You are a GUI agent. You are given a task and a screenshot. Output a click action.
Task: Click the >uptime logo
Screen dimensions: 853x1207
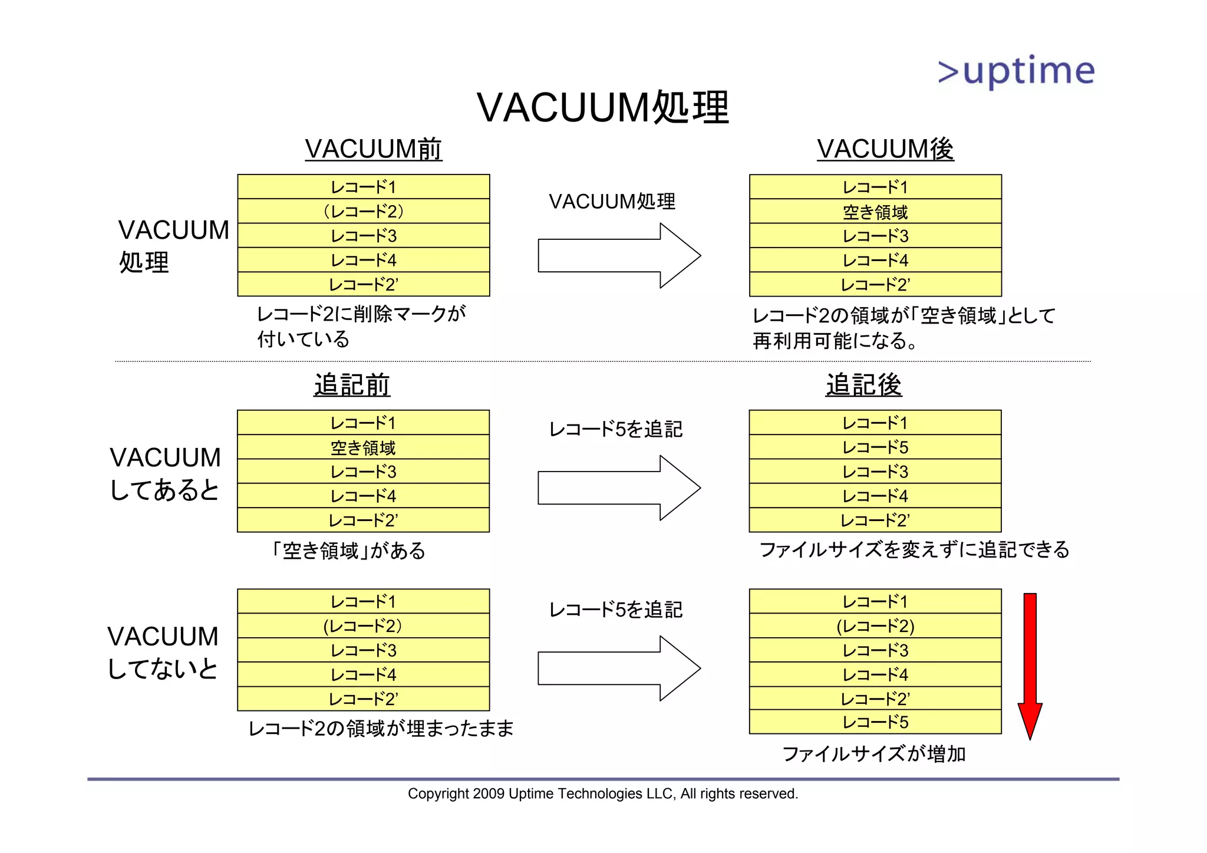click(1016, 71)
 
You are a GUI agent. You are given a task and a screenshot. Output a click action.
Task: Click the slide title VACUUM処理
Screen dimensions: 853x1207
click(603, 108)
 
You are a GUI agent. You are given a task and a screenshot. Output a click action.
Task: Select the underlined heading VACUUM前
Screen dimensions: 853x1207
click(373, 149)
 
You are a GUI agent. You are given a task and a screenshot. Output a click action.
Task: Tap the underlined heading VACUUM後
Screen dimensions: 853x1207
click(885, 149)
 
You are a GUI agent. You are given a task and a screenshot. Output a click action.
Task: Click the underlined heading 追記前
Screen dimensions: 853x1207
click(352, 385)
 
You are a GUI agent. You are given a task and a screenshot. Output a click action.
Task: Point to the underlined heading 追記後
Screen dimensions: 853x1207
click(863, 385)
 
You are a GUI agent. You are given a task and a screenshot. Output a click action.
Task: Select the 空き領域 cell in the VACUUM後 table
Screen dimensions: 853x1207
click(875, 212)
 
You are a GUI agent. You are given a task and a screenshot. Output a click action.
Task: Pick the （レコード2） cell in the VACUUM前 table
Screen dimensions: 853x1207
click(363, 211)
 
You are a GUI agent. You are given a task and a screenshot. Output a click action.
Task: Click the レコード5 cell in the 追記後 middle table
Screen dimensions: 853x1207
click(875, 447)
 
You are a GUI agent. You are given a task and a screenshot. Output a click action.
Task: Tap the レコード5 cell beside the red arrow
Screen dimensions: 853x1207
click(875, 722)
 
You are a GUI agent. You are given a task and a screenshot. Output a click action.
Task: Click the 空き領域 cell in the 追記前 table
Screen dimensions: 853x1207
click(363, 447)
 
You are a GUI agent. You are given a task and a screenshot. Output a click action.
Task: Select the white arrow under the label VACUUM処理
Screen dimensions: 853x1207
click(619, 255)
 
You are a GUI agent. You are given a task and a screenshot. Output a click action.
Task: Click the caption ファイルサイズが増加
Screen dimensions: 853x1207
click(873, 754)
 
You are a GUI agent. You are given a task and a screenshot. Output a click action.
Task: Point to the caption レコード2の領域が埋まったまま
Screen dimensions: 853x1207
click(381, 729)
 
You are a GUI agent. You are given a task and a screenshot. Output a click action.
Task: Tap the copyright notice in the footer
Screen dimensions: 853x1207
click(603, 793)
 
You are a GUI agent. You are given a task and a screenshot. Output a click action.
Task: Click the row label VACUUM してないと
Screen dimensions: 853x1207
click(163, 653)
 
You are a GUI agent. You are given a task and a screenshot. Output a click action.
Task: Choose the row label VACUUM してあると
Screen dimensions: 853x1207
click(165, 474)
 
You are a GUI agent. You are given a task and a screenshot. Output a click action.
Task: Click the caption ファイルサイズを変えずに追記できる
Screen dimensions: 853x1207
click(914, 550)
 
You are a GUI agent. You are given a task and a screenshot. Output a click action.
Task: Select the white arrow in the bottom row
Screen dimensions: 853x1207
click(619, 668)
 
